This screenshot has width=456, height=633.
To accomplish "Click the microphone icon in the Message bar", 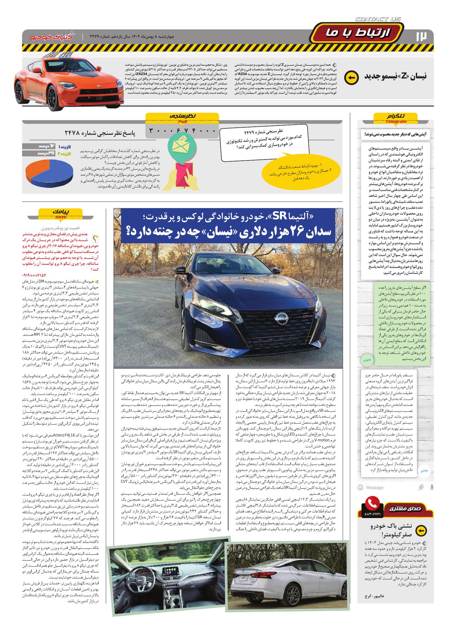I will [432, 487].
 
